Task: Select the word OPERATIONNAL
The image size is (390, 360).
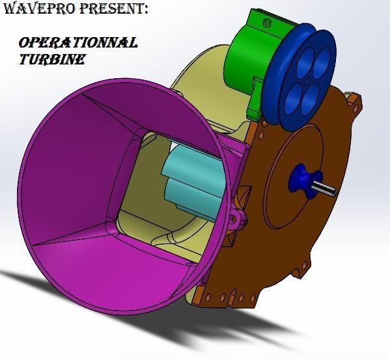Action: (x=78, y=43)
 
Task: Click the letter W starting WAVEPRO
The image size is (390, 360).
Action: (x=8, y=9)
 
